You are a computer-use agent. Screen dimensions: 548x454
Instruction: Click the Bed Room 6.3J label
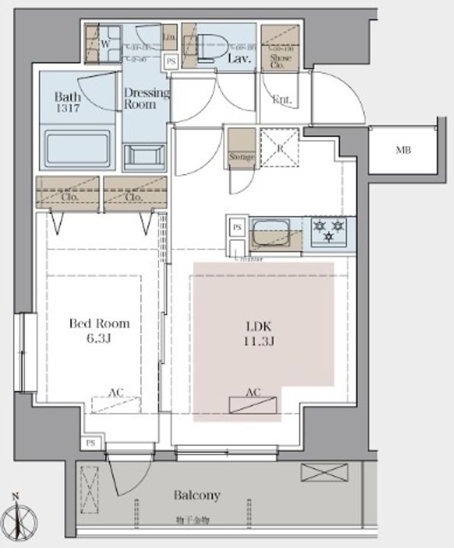pyautogui.click(x=99, y=330)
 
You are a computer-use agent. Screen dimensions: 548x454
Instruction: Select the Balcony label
pyautogui.click(x=197, y=495)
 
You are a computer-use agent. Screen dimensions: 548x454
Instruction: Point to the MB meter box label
pyautogui.click(x=403, y=151)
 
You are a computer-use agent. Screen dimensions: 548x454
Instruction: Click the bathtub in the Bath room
pyautogui.click(x=78, y=148)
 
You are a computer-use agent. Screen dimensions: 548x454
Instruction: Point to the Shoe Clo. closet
pyautogui.click(x=280, y=49)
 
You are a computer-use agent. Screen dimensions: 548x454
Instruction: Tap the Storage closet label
pyautogui.click(x=241, y=157)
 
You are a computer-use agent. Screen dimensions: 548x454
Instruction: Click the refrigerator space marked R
pyautogui.click(x=280, y=147)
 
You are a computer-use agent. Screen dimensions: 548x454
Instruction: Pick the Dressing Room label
pyautogui.click(x=146, y=99)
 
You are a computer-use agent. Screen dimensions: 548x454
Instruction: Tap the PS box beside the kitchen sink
pyautogui.click(x=237, y=228)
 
